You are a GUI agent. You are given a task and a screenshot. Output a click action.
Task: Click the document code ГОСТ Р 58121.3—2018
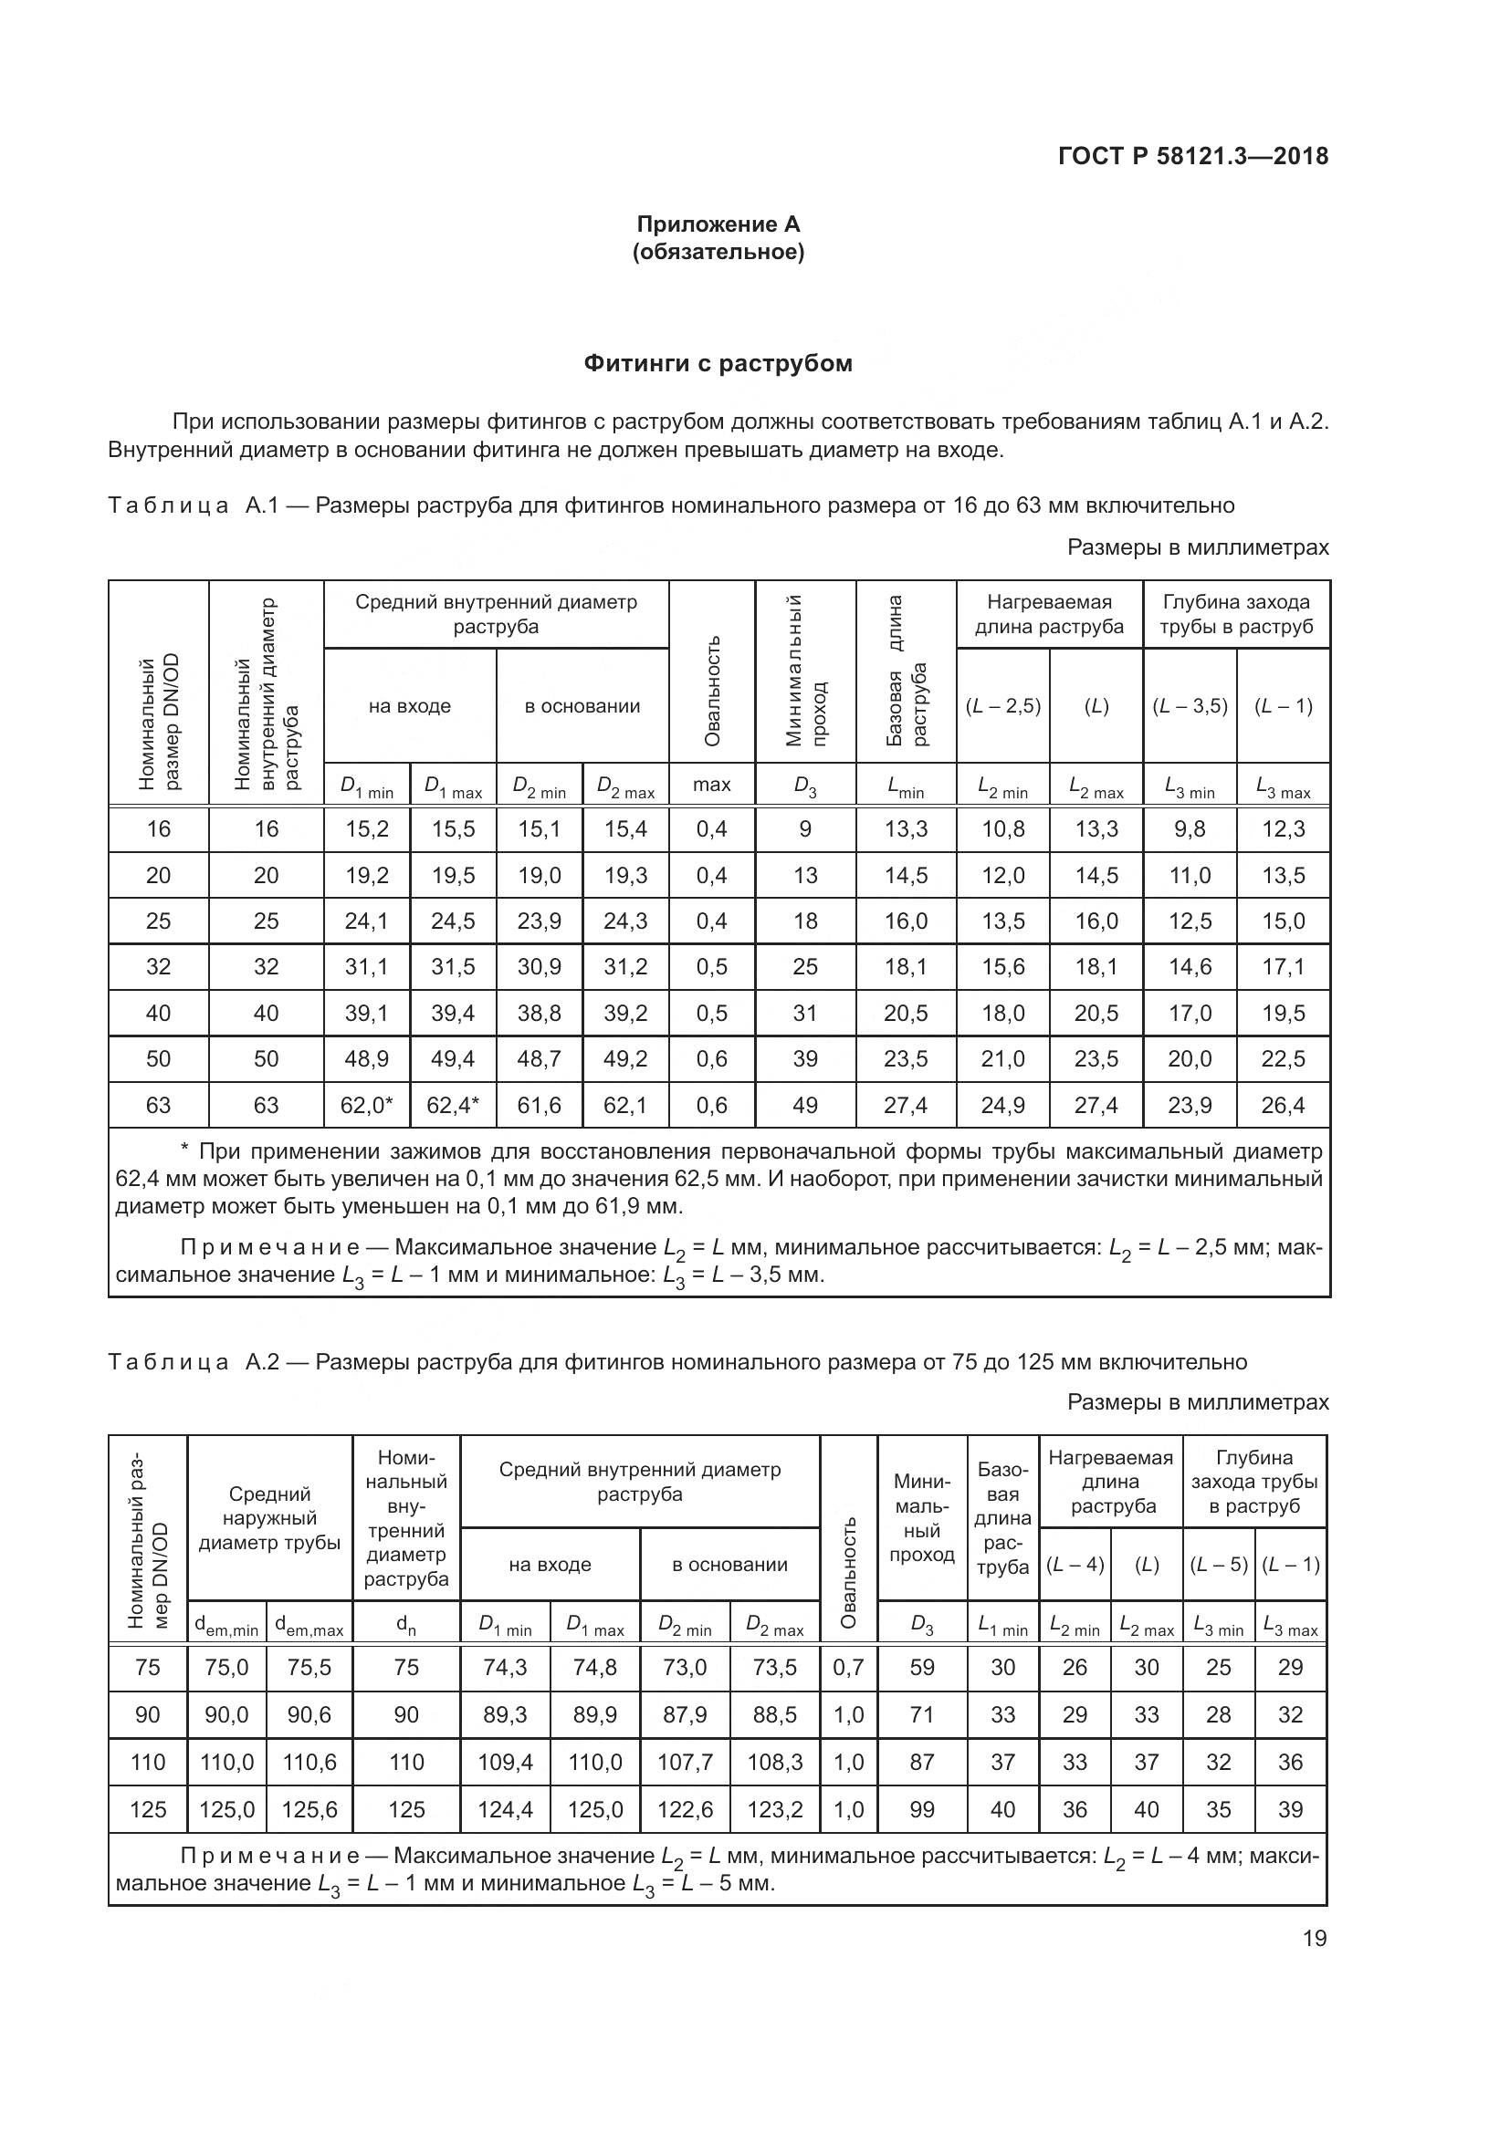[1193, 156]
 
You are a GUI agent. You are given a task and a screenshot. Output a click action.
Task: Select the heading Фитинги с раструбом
[718, 363]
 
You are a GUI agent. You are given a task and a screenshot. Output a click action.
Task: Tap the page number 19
[1315, 1939]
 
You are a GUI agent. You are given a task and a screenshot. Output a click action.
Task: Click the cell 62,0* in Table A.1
[366, 1105]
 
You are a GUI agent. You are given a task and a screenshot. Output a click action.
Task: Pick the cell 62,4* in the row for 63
[453, 1105]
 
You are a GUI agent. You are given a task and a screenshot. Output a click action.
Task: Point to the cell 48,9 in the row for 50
[366, 1058]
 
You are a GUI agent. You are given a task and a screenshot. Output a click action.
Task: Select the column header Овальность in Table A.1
[712, 691]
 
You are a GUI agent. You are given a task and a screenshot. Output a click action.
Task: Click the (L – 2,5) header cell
[1003, 706]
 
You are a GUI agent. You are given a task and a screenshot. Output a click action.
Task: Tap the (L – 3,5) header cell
[1190, 706]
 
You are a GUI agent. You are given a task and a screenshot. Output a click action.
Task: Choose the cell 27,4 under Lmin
[906, 1105]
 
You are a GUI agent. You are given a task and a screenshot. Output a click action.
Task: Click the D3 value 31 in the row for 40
[805, 1013]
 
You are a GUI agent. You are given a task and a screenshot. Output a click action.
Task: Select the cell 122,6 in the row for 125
[686, 1809]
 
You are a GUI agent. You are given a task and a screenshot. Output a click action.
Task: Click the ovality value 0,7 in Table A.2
[849, 1668]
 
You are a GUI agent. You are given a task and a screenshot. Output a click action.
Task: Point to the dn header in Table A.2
[406, 1624]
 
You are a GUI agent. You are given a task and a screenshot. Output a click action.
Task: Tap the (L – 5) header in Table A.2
[1218, 1565]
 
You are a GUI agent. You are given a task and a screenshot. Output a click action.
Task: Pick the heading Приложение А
[718, 224]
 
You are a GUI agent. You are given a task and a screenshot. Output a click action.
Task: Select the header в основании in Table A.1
[582, 706]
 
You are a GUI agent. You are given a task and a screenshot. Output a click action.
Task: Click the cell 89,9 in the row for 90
[595, 1715]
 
